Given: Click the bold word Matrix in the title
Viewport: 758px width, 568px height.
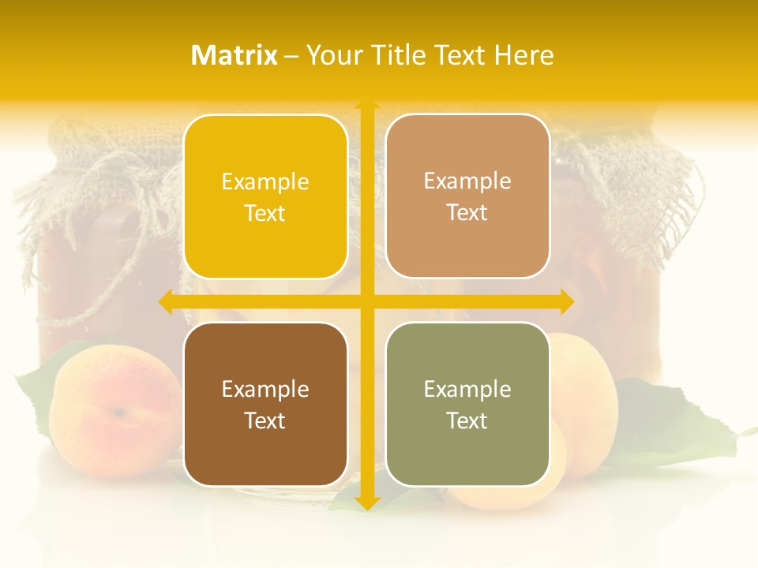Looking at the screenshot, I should [x=234, y=55].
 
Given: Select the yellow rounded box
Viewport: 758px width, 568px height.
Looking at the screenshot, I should [x=265, y=196].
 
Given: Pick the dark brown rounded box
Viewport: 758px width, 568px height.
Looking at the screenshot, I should [x=265, y=404].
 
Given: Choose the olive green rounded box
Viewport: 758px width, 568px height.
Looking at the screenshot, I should [x=467, y=404].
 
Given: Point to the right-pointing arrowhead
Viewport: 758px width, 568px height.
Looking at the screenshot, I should [x=567, y=302].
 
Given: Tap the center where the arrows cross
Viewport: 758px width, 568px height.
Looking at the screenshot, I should [x=366, y=302].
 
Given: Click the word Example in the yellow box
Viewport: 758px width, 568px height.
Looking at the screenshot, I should [x=265, y=182].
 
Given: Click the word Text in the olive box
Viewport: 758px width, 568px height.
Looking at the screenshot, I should [x=467, y=420].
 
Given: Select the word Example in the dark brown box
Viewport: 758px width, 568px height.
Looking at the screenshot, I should [x=265, y=390].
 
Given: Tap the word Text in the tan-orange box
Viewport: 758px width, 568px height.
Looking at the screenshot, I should [x=467, y=212].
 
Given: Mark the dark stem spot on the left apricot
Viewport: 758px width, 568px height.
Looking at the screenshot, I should [x=118, y=412].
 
